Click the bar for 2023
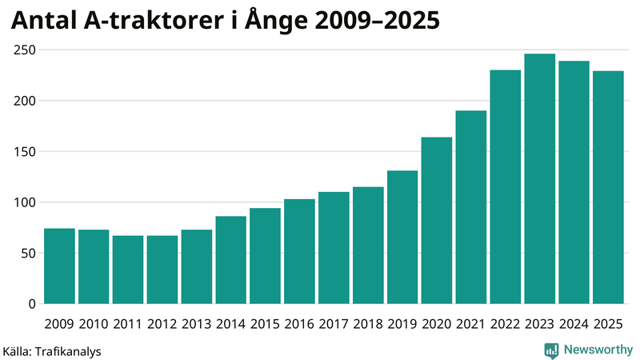pos(539,179)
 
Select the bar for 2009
pos(59,266)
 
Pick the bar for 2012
pos(162,270)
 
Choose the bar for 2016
pos(299,251)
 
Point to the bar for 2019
pos(402,237)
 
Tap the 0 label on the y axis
pos(31,304)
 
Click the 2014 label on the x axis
pos(230,324)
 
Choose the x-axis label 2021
pos(471,324)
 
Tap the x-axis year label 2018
pos(368,324)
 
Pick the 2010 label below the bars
pos(94,324)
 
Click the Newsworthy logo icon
pos(551,350)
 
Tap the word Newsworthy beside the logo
pos(598,350)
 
